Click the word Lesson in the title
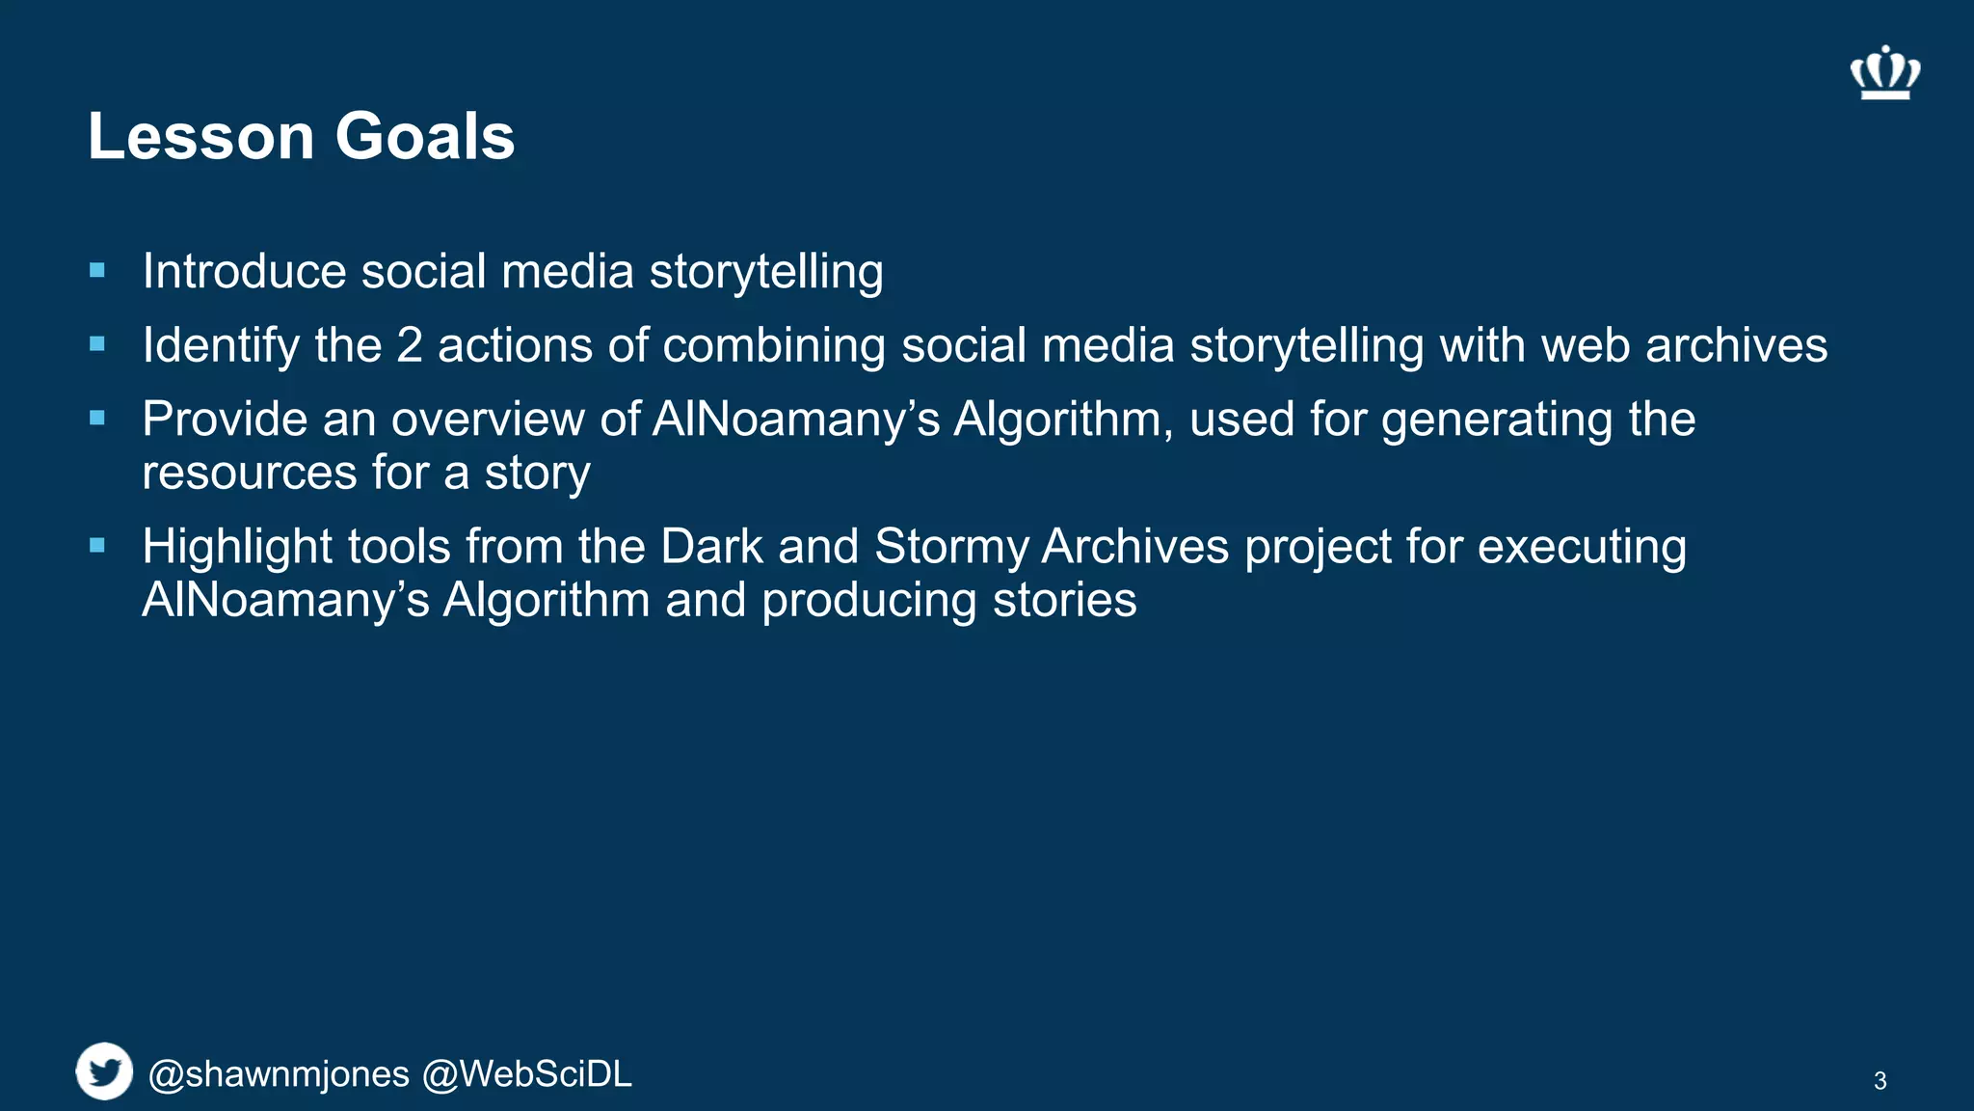click(x=200, y=136)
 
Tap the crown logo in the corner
click(x=1884, y=73)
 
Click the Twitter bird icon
click(x=104, y=1071)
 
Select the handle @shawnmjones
click(x=279, y=1074)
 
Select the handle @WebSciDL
click(x=527, y=1074)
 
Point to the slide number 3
click(x=1880, y=1081)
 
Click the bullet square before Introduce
click(x=97, y=271)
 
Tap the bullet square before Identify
click(x=97, y=344)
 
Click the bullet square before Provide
click(x=97, y=419)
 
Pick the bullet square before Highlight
click(x=97, y=546)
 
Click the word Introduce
click(x=244, y=271)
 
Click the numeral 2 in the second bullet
click(x=410, y=345)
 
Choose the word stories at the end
click(x=1064, y=600)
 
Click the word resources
click(x=250, y=474)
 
